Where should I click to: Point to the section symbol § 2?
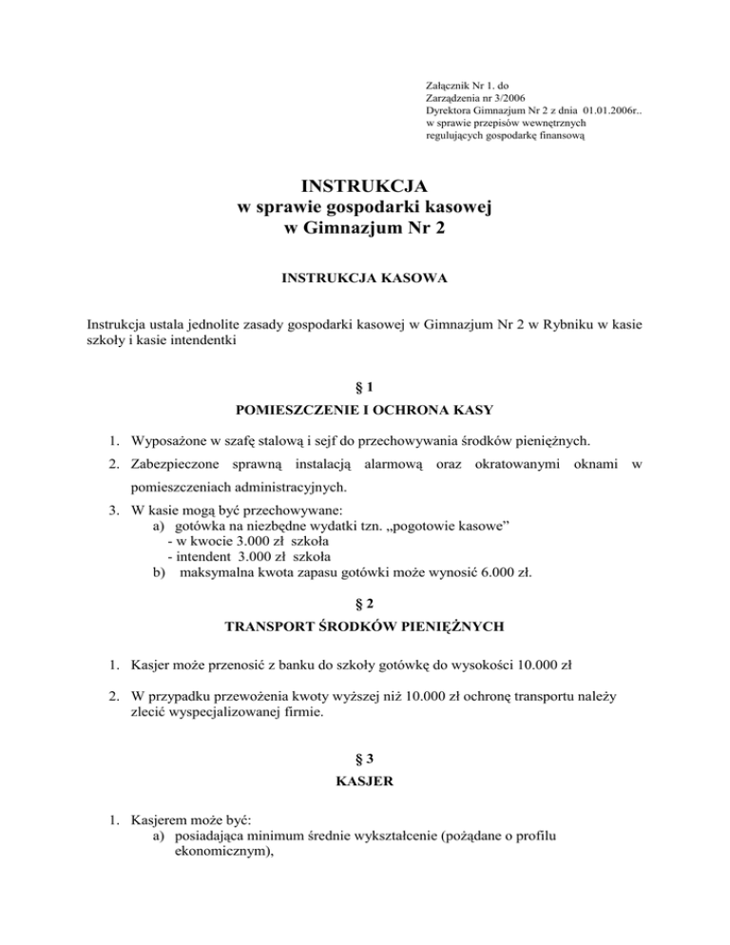tap(365, 600)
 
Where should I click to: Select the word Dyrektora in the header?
tap(453, 110)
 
